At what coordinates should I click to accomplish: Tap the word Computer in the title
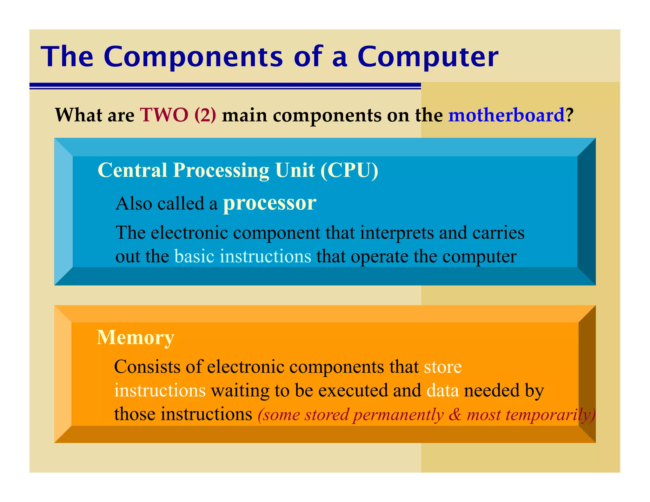[428, 57]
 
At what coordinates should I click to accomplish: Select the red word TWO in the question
[164, 115]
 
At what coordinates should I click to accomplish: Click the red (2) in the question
[205, 115]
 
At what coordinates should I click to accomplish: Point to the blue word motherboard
[506, 115]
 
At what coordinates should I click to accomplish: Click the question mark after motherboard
[569, 115]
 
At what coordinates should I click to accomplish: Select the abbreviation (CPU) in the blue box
[349, 170]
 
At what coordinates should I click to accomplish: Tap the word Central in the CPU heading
[132, 170]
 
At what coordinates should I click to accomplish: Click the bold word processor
[269, 203]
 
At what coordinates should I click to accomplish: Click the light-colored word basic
[194, 256]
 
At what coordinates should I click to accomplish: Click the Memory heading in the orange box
[136, 338]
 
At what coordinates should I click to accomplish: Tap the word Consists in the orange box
[147, 367]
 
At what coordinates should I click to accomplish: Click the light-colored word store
[443, 367]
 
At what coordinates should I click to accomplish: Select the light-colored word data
[443, 391]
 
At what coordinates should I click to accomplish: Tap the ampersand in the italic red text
[455, 414]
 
